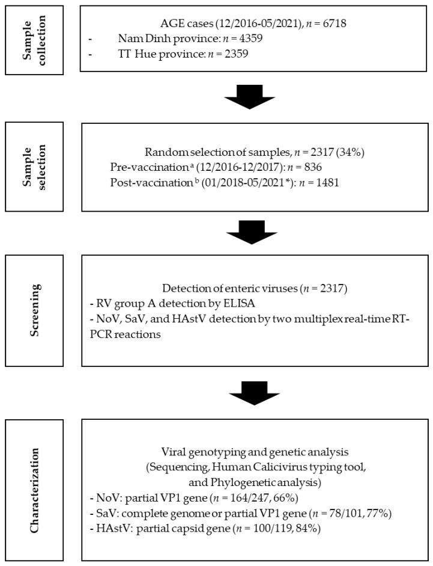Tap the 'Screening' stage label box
32,310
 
